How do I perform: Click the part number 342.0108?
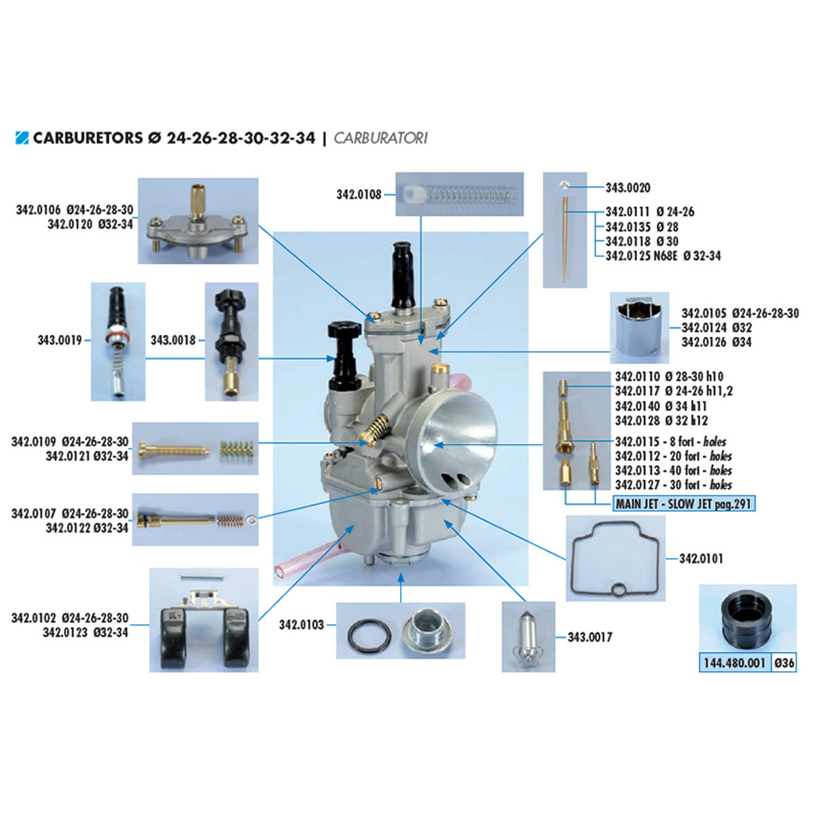[359, 195]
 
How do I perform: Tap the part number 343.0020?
[628, 187]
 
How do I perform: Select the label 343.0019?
[60, 340]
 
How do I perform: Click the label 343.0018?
[173, 340]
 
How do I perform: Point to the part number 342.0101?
[701, 559]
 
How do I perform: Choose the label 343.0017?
[590, 637]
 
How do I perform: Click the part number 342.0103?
[302, 625]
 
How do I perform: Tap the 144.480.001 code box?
[734, 663]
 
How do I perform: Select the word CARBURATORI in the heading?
[380, 138]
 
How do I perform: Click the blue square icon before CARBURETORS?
[22, 138]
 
